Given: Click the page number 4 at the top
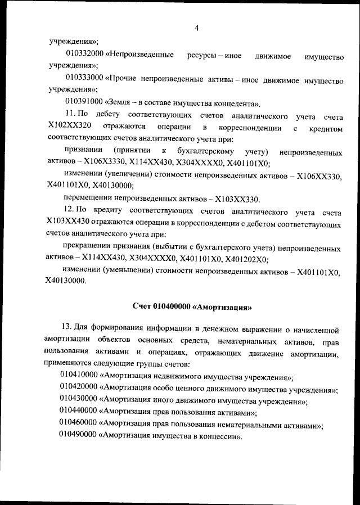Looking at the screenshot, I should click(196, 28).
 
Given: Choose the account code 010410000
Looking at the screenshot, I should click(79, 377).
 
